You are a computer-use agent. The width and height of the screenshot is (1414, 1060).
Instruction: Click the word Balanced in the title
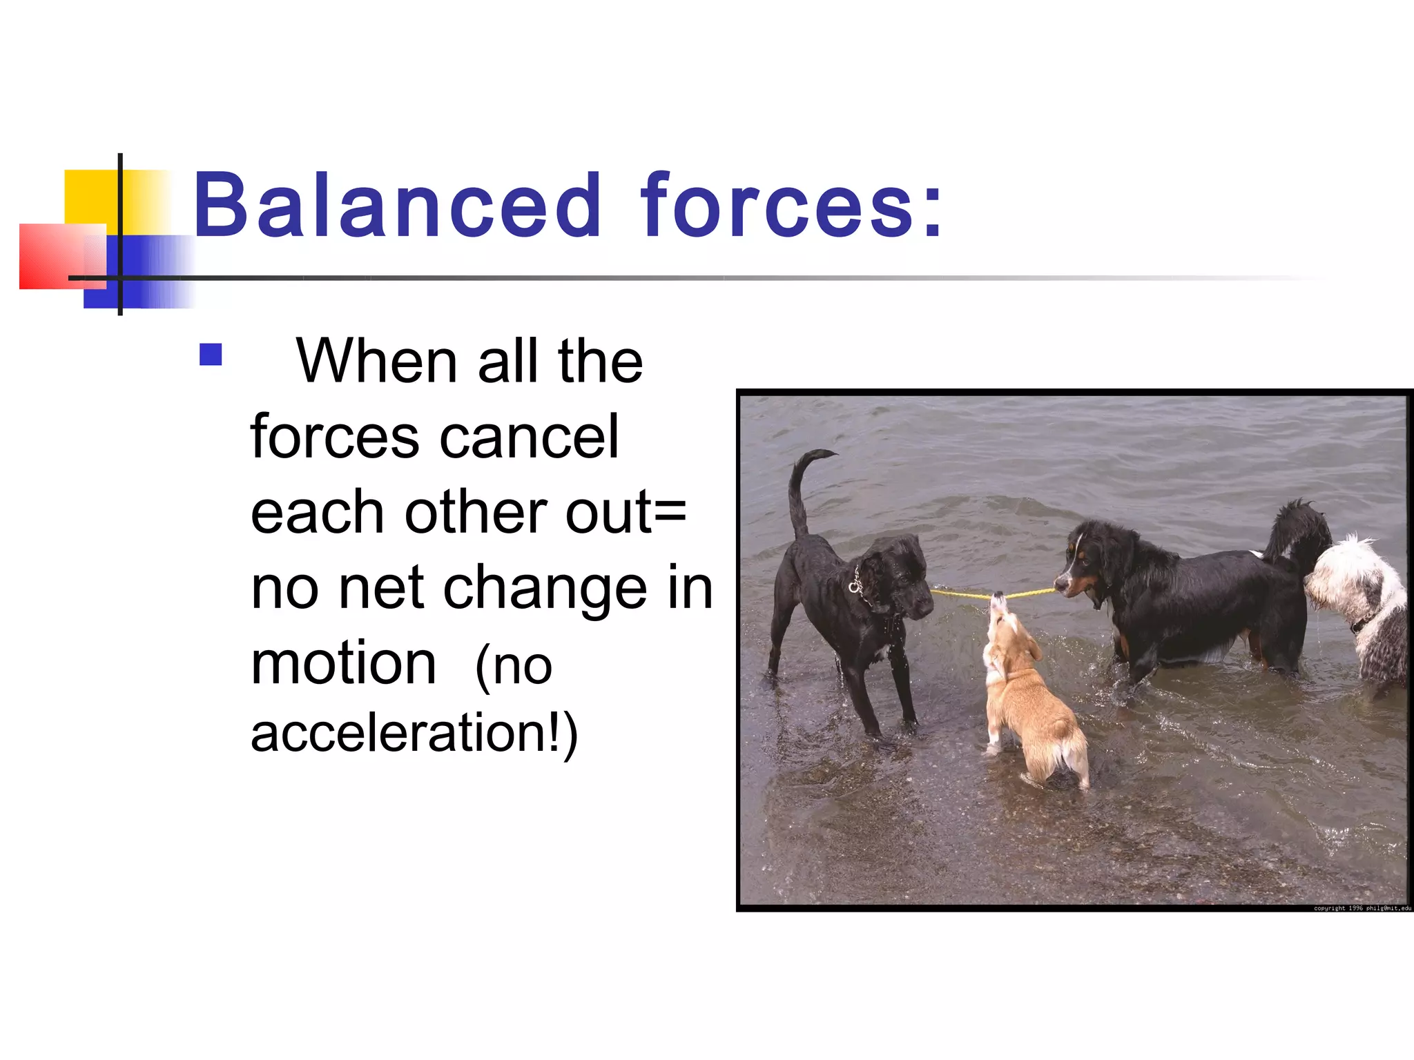(397, 206)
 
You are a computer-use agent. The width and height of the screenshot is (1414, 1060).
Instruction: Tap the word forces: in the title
(791, 206)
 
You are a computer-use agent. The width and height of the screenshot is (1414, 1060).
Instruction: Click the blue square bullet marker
(211, 355)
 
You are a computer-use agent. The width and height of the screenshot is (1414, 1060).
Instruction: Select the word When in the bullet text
(376, 362)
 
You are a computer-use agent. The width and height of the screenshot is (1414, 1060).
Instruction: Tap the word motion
(343, 664)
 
